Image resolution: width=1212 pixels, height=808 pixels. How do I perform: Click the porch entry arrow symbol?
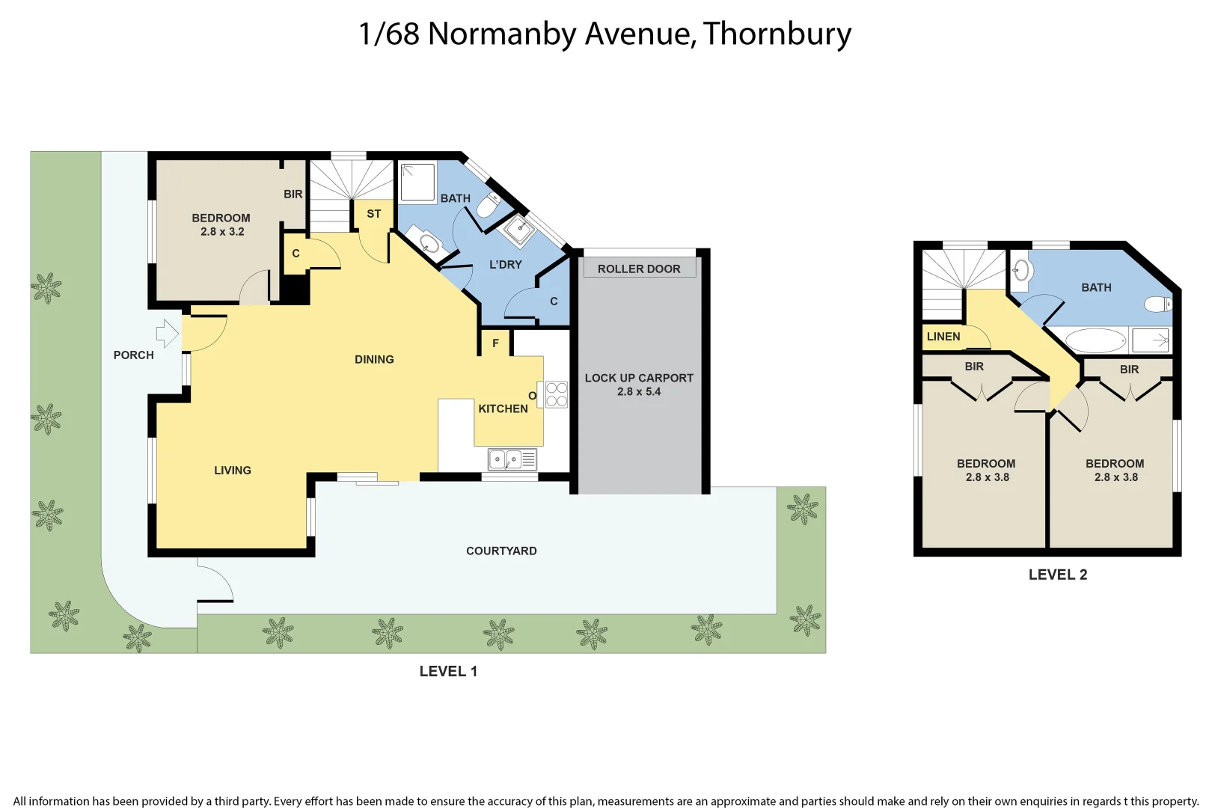click(168, 333)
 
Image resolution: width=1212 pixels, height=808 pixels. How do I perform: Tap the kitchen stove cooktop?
click(556, 394)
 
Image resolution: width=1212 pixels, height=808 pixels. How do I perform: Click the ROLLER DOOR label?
click(639, 269)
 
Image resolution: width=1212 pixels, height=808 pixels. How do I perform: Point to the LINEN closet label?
click(943, 337)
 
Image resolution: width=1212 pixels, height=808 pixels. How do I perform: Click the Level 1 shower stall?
click(417, 183)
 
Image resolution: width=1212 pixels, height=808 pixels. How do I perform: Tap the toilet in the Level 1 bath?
click(489, 204)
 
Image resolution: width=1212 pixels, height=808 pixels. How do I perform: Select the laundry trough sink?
click(519, 230)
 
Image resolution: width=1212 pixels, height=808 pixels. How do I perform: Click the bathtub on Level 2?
click(1095, 341)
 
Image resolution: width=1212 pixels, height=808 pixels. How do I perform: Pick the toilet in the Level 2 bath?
click(1157, 304)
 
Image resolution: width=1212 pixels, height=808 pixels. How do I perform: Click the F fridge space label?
click(495, 343)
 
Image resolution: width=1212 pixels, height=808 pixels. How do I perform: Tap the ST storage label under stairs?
click(373, 214)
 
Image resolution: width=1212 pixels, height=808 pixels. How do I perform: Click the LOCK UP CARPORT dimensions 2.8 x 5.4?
click(639, 392)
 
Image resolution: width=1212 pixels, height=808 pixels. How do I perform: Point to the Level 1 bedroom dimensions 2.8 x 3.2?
click(222, 232)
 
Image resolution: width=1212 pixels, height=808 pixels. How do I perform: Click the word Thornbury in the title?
click(777, 34)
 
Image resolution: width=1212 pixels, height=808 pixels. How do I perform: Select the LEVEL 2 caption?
click(1057, 575)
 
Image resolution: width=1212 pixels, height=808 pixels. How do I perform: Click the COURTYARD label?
click(501, 551)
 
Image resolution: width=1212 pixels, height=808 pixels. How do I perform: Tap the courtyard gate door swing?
click(216, 584)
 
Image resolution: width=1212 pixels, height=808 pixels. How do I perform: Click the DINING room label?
click(374, 360)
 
